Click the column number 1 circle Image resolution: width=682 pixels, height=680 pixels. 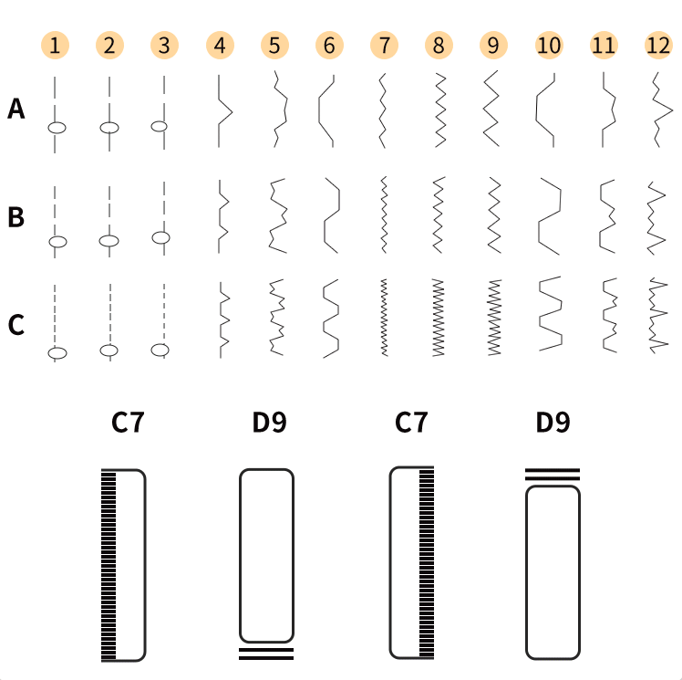[56, 45]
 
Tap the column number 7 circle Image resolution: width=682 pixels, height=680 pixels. [384, 45]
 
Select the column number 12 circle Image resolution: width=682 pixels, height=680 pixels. [657, 45]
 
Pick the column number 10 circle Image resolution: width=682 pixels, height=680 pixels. [549, 45]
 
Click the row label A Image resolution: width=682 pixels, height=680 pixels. [16, 110]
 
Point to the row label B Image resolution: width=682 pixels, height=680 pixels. [16, 218]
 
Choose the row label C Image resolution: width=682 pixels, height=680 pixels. [16, 325]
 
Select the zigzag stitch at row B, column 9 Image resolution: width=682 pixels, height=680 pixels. [493, 215]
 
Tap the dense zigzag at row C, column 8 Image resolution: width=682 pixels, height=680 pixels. [439, 318]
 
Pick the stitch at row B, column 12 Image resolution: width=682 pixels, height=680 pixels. [656, 217]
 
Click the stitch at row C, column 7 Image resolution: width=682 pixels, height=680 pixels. [384, 318]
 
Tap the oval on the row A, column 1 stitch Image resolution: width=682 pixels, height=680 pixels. [57, 128]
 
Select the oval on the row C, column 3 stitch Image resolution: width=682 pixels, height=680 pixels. [160, 349]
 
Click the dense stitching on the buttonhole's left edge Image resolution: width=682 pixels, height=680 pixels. [108, 564]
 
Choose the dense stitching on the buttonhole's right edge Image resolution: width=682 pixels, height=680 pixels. [426, 562]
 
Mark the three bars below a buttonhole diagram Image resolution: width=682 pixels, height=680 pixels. [266, 652]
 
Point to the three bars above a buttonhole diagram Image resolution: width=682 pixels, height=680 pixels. [553, 474]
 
